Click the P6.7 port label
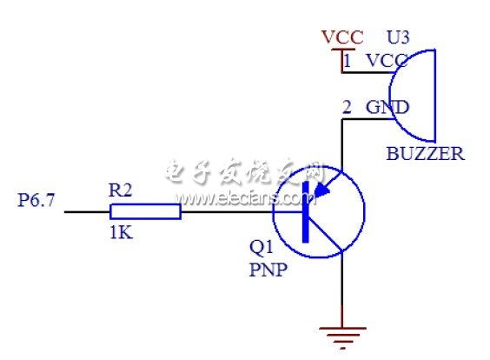point(36,201)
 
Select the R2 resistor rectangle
point(145,211)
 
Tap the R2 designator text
point(121,189)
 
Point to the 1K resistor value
point(121,233)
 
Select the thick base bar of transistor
point(306,212)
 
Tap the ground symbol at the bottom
point(342,333)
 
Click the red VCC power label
point(342,37)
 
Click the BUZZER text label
point(425,155)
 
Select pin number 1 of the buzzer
point(348,62)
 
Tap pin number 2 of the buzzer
point(348,108)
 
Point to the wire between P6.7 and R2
point(87,211)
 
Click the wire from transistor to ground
point(342,287)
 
